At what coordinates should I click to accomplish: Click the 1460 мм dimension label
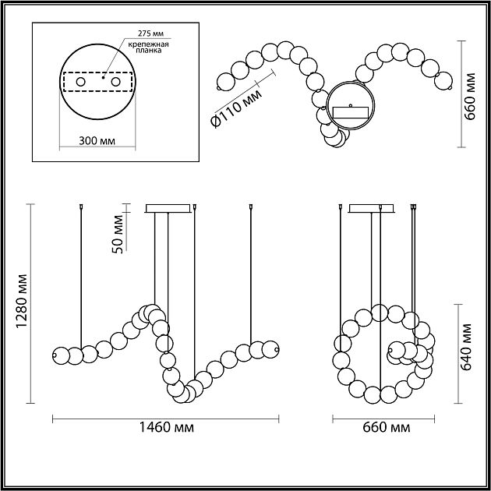[166, 427]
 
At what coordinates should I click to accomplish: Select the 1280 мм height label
[23, 301]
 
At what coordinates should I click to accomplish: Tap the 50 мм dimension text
[118, 234]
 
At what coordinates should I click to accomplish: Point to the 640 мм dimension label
[466, 347]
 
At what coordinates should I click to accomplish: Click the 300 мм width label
[97, 141]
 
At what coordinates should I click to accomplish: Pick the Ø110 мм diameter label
[236, 108]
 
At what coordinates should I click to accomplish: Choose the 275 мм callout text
[150, 34]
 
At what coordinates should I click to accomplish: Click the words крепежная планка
[148, 47]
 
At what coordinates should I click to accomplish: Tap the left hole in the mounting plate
[81, 82]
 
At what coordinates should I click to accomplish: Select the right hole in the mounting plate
[115, 82]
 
